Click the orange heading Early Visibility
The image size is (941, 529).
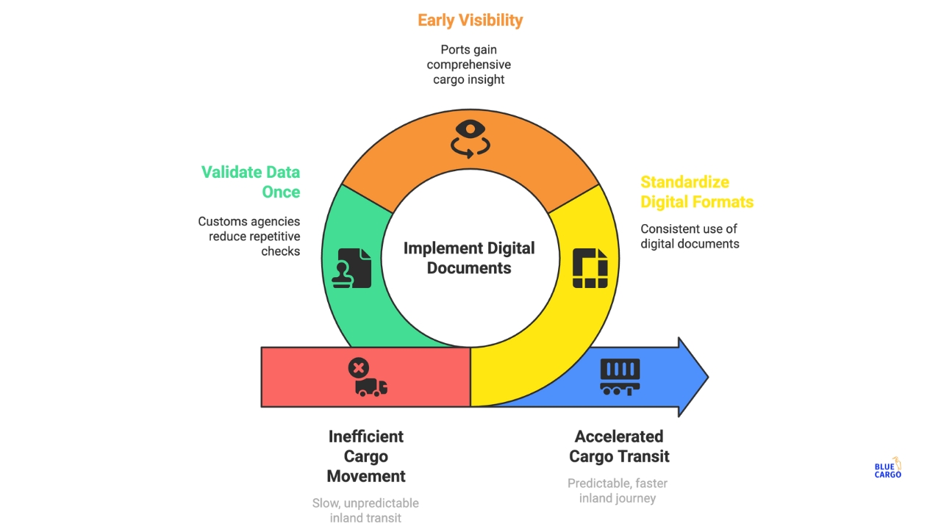point(470,20)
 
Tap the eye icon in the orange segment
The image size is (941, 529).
point(470,137)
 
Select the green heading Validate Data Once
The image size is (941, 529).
point(251,182)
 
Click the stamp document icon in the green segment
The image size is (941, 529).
point(354,267)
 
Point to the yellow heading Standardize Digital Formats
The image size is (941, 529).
point(696,192)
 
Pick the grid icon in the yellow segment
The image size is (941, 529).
point(590,268)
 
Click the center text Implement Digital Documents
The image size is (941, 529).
point(469,258)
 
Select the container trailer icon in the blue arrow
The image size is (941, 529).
point(620,377)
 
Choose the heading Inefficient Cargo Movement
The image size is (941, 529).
point(366,456)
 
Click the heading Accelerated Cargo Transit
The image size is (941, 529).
point(619,446)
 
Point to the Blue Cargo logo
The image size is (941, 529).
point(888,469)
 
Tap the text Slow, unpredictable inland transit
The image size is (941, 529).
point(366,511)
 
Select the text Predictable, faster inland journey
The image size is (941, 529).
point(618,491)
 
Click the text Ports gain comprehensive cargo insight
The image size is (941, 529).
point(469,65)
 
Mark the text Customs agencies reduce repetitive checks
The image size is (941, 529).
point(249,236)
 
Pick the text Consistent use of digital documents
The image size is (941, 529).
point(690,236)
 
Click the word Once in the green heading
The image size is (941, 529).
point(281,192)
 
